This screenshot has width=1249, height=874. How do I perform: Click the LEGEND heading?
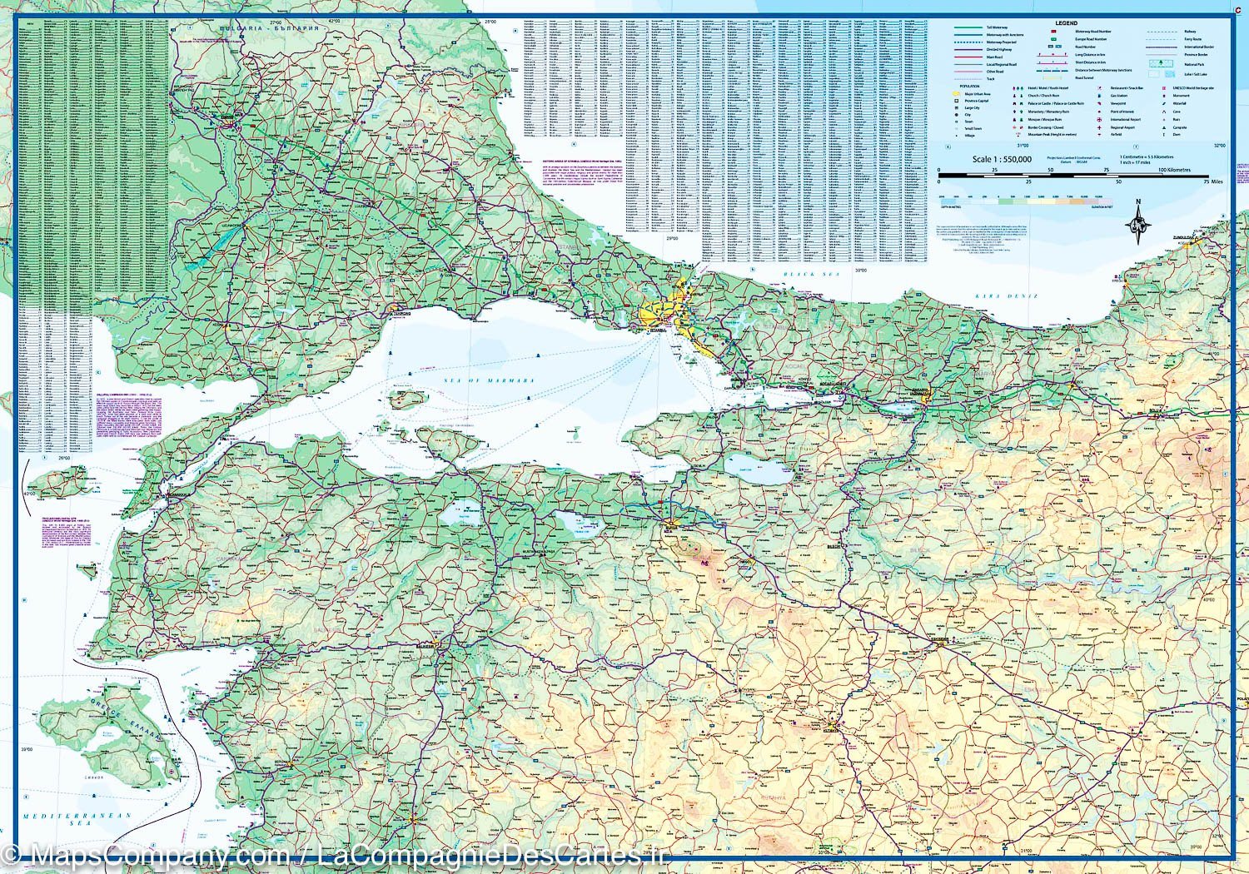click(x=1066, y=23)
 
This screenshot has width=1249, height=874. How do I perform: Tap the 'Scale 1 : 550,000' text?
click(x=1002, y=159)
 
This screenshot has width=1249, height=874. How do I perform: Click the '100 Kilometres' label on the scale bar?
click(x=1173, y=170)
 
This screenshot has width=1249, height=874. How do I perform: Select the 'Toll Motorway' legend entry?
click(x=997, y=27)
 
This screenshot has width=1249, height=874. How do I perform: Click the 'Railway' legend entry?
click(x=1190, y=32)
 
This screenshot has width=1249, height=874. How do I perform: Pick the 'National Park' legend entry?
click(x=1193, y=64)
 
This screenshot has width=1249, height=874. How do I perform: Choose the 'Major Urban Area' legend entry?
click(x=976, y=94)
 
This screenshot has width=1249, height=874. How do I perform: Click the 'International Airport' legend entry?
click(x=1125, y=119)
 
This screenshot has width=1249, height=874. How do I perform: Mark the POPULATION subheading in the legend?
click(x=969, y=86)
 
